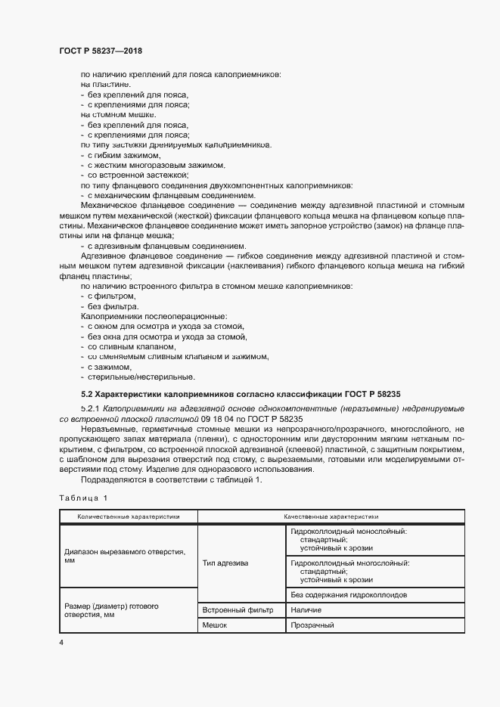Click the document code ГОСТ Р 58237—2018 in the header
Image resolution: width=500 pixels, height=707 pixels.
101,51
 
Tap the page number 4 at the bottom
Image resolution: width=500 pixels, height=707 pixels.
61,642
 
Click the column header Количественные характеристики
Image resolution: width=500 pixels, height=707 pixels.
128,517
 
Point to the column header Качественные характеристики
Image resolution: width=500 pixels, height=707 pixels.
331,517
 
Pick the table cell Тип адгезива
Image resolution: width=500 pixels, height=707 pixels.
225,563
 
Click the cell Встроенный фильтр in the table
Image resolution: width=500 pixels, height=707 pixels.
238,609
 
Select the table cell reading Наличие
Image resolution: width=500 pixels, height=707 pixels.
306,609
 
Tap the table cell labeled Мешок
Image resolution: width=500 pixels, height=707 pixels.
216,625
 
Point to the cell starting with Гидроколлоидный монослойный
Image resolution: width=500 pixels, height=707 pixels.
348,540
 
